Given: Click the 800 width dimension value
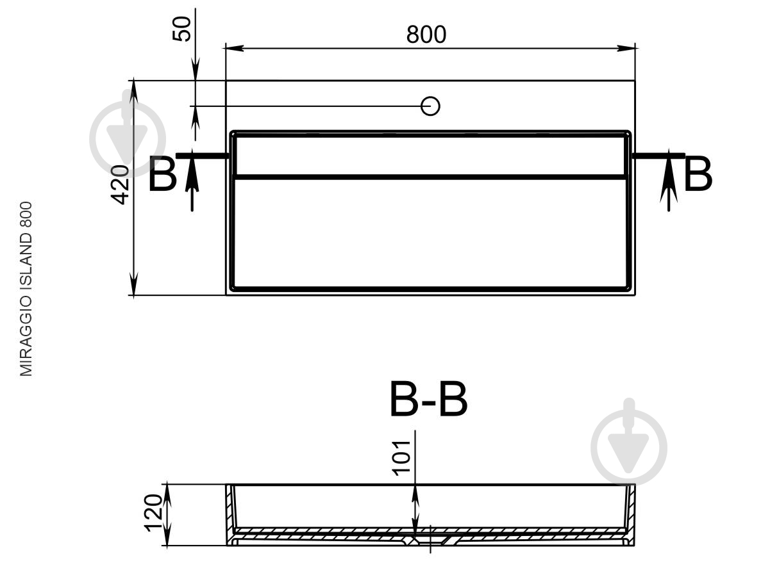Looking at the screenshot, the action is pyautogui.click(x=426, y=35).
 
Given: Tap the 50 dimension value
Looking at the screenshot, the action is pyautogui.click(x=182, y=29).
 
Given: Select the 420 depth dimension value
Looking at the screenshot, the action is pyautogui.click(x=120, y=184).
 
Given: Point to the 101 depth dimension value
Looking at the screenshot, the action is pyautogui.click(x=401, y=459).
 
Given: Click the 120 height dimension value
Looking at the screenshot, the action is pyautogui.click(x=154, y=513).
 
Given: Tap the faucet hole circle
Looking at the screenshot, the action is pyautogui.click(x=430, y=106).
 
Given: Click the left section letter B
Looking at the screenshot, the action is pyautogui.click(x=162, y=174).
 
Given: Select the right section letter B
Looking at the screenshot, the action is pyautogui.click(x=698, y=174).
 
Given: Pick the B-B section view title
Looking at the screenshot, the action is pyautogui.click(x=428, y=400).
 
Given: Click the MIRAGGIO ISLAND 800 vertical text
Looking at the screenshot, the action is pyautogui.click(x=26, y=289).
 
